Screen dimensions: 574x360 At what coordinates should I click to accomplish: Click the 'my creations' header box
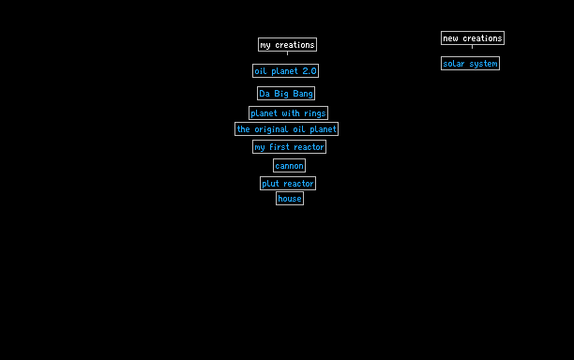287,45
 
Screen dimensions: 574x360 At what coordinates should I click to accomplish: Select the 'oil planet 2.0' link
285,71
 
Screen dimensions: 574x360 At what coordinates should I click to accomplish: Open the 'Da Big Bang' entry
286,94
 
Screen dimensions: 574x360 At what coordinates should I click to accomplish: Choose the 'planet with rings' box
288,113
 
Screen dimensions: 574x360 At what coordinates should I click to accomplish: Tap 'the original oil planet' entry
286,129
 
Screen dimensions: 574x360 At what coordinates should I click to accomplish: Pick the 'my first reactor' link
289,146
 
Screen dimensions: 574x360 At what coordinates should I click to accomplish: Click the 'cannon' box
289,166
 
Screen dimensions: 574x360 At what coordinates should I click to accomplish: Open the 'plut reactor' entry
288,184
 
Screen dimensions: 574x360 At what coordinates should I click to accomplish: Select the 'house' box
290,199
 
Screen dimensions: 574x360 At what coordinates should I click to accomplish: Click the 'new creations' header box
473,38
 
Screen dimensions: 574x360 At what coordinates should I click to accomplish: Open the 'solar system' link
471,64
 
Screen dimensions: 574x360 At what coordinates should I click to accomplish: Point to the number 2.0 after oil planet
310,71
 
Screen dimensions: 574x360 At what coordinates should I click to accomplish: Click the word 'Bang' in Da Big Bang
303,94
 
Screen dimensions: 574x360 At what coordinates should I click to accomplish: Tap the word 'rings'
315,113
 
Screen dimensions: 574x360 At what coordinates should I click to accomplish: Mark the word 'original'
271,129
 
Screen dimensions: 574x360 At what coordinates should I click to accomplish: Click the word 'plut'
270,184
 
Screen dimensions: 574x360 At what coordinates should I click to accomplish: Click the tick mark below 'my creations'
287,53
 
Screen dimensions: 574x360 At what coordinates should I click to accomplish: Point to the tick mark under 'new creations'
472,47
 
